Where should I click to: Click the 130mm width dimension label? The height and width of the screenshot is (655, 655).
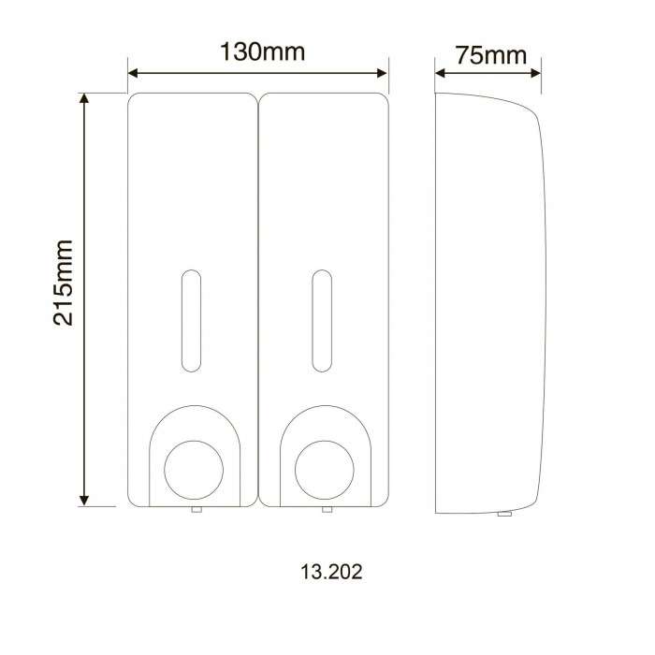262,51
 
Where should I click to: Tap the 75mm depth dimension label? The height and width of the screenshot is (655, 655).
491,55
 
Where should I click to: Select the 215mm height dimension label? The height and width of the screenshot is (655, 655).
63,283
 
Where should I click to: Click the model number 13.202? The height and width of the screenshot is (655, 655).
331,572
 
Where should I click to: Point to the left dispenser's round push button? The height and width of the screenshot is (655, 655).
194,470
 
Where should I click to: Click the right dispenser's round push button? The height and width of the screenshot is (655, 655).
324,470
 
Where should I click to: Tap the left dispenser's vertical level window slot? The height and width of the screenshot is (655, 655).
191,321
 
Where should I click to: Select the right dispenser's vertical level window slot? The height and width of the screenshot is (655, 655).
322,321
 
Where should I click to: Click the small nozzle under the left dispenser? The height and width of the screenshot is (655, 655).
196,509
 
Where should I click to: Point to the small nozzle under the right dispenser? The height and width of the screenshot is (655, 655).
327,509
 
